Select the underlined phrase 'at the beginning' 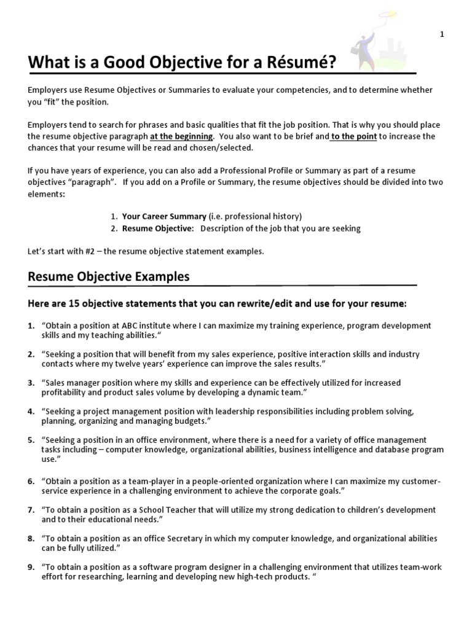183,136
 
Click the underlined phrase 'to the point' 353,136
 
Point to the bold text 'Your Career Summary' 164,216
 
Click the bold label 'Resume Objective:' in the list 158,229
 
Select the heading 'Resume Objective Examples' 109,276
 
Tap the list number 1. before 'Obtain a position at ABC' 31,326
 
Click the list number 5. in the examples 31,440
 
